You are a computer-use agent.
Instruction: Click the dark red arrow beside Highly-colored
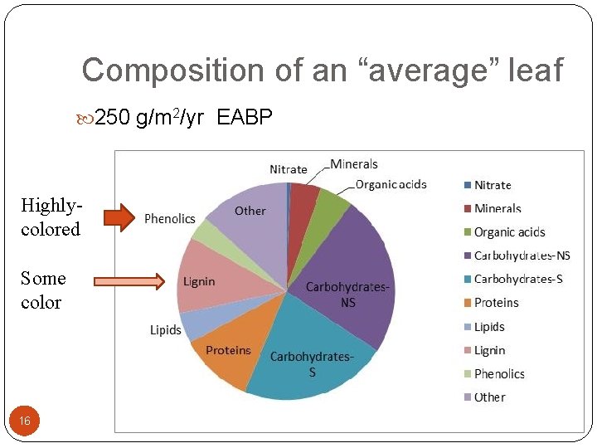coord(119,218)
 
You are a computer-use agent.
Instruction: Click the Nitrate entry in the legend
coord(493,185)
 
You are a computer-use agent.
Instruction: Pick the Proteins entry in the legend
coord(496,303)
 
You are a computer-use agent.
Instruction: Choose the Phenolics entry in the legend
coord(499,374)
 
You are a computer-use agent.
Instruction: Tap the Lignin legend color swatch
coord(467,350)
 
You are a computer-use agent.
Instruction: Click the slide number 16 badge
coord(25,421)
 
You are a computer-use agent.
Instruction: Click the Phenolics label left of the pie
coord(170,219)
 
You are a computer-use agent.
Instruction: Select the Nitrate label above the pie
coord(289,169)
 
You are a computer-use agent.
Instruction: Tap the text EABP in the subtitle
coord(245,119)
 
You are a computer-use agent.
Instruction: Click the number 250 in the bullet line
coord(113,119)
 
